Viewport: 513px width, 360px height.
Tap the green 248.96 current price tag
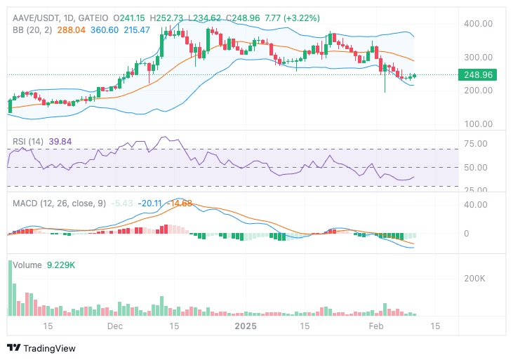click(x=475, y=75)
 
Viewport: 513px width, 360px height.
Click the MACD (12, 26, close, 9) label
click(x=60, y=203)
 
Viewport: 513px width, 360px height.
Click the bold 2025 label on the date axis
click(x=246, y=326)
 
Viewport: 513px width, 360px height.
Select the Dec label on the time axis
click(x=115, y=326)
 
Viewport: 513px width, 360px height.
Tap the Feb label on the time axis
click(x=377, y=326)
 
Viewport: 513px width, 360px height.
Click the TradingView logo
click(x=41, y=348)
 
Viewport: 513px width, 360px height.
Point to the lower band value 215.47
click(x=137, y=30)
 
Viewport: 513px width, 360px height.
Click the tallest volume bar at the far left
click(x=10, y=288)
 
